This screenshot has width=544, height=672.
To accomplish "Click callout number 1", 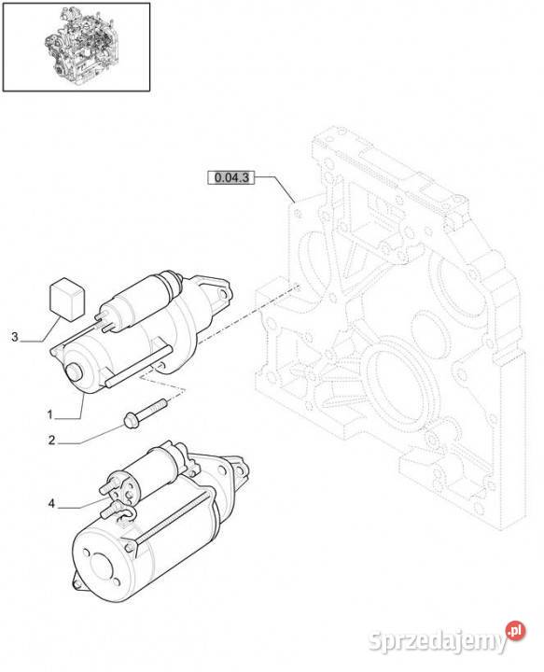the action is tap(49, 414).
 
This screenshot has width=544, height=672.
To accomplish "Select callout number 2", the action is tap(51, 441).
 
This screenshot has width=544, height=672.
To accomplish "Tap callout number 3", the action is tap(15, 337).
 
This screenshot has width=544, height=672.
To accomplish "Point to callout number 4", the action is tap(51, 504).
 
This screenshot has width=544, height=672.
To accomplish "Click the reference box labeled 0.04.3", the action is tap(230, 177).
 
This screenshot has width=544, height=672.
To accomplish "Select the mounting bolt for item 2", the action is tap(145, 413).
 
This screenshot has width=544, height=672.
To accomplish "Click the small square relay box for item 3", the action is tap(67, 299).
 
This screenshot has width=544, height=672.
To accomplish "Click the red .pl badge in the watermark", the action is tap(515, 630).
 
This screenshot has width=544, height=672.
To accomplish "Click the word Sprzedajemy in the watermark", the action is tap(437, 641).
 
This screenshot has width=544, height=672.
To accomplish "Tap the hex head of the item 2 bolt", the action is tap(131, 420).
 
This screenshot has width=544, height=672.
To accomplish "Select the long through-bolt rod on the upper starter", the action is tap(137, 367).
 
